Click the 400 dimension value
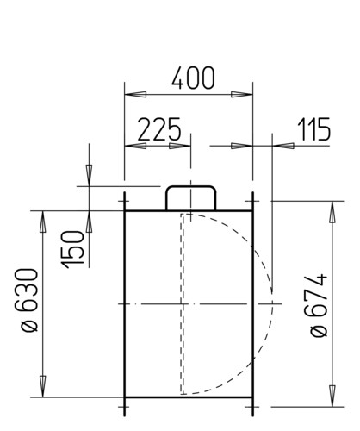point(193,78)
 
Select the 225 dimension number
point(159,129)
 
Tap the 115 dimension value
point(314,129)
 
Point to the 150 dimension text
point(73,249)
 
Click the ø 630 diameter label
point(27,300)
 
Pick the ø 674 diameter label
point(318,306)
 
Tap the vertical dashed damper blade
point(182,304)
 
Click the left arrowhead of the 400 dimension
point(135,94)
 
